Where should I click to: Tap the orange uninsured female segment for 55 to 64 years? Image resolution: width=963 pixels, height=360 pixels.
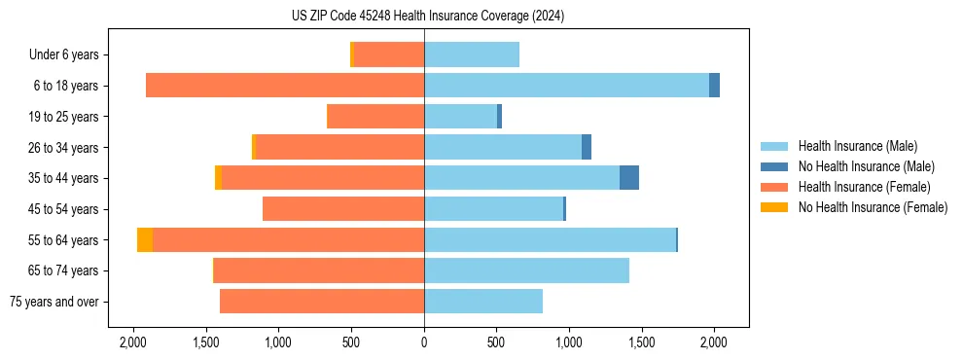[x=145, y=240]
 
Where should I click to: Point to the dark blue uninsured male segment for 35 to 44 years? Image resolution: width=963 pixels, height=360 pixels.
[x=629, y=178]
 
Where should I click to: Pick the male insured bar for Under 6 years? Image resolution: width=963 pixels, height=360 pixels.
[x=472, y=54]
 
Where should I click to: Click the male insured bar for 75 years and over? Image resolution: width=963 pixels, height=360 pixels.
[x=483, y=302]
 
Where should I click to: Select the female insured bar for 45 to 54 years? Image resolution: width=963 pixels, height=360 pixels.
[x=343, y=209]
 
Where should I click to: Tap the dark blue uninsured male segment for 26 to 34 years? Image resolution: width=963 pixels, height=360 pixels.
[x=587, y=148]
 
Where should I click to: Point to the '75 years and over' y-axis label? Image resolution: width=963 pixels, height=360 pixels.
[x=54, y=302]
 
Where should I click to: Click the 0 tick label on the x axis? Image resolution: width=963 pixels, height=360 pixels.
[x=424, y=342]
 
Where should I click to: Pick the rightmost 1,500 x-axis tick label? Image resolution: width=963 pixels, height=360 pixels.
[x=642, y=342]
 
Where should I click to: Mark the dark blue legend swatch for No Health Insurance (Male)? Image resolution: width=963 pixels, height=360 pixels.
[x=773, y=166]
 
